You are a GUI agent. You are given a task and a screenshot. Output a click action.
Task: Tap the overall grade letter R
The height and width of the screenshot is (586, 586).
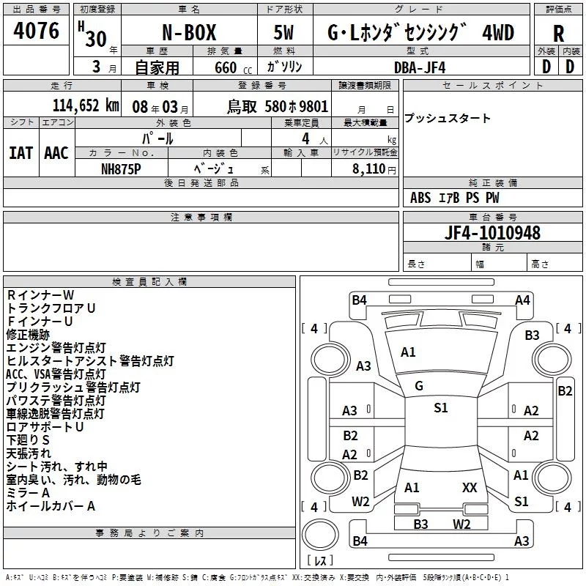pos(558,34)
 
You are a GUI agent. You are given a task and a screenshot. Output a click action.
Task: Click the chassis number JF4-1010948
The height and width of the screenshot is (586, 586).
pos(493,233)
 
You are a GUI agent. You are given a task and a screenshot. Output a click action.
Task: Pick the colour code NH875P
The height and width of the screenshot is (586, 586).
pos(122,168)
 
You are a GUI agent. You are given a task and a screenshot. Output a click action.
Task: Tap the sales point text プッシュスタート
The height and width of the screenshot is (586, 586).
pos(447,119)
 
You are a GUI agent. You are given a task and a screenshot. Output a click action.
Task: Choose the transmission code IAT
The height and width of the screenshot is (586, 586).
pos(21,152)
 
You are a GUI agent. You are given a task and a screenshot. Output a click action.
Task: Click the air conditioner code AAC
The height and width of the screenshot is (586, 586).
pos(56,152)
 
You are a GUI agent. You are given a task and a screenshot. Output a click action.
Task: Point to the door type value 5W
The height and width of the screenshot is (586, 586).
pos(284,33)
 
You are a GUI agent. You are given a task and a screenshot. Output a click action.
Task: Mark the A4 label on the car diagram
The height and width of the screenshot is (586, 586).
pos(522,300)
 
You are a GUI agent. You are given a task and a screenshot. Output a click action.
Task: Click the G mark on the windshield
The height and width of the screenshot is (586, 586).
pos(418,386)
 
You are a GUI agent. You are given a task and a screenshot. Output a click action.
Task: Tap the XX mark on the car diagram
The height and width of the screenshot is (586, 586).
pos(470,487)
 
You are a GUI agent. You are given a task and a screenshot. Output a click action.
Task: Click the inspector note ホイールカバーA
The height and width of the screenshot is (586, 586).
pos(51,506)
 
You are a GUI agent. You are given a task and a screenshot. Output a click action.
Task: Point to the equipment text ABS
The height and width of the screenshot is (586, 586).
pos(420,198)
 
